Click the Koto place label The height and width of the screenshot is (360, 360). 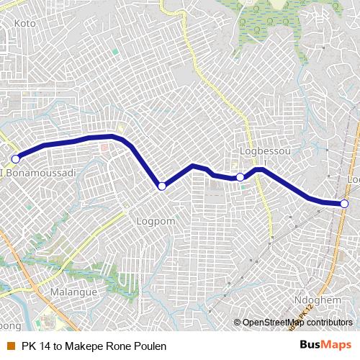pos(25,23)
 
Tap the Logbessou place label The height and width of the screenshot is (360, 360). pos(260,152)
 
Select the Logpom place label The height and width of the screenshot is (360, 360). pos(156,222)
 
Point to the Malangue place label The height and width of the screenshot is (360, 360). pos(74,293)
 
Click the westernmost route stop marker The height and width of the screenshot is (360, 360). pos(15,158)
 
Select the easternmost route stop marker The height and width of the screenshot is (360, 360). pos(345,204)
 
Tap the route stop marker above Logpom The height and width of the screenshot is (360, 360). pos(162,186)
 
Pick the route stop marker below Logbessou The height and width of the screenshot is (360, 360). pos(240,176)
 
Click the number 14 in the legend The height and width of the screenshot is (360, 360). pos(45,346)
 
